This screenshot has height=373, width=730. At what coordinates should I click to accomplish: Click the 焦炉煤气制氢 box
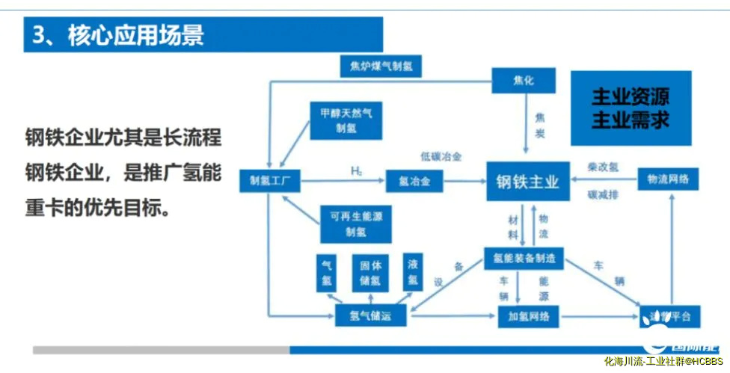[x=380, y=67]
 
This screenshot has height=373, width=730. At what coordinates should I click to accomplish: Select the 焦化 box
[x=523, y=81]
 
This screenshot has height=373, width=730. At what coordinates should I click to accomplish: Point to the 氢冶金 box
[x=414, y=180]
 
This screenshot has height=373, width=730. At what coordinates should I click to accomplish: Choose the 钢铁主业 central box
[x=527, y=180]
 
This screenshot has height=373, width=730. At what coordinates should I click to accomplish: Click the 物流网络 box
[x=667, y=179]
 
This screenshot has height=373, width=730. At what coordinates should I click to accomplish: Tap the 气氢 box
[x=326, y=273]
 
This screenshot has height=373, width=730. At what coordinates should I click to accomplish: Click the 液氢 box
[x=413, y=273]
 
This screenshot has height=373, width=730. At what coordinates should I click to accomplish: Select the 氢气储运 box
[x=371, y=316]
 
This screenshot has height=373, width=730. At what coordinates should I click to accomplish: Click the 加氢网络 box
[x=529, y=316]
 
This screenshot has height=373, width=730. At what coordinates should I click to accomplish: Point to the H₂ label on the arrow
[x=357, y=171]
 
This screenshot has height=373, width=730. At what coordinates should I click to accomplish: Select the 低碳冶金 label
[x=441, y=156]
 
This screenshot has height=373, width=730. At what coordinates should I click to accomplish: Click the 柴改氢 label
[x=601, y=168]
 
